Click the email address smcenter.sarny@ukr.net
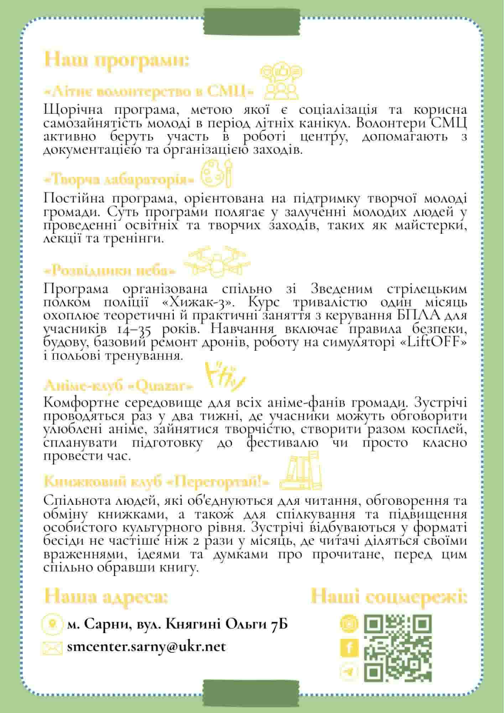click(146, 646)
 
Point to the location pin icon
click(53, 624)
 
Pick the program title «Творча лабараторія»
click(119, 179)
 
